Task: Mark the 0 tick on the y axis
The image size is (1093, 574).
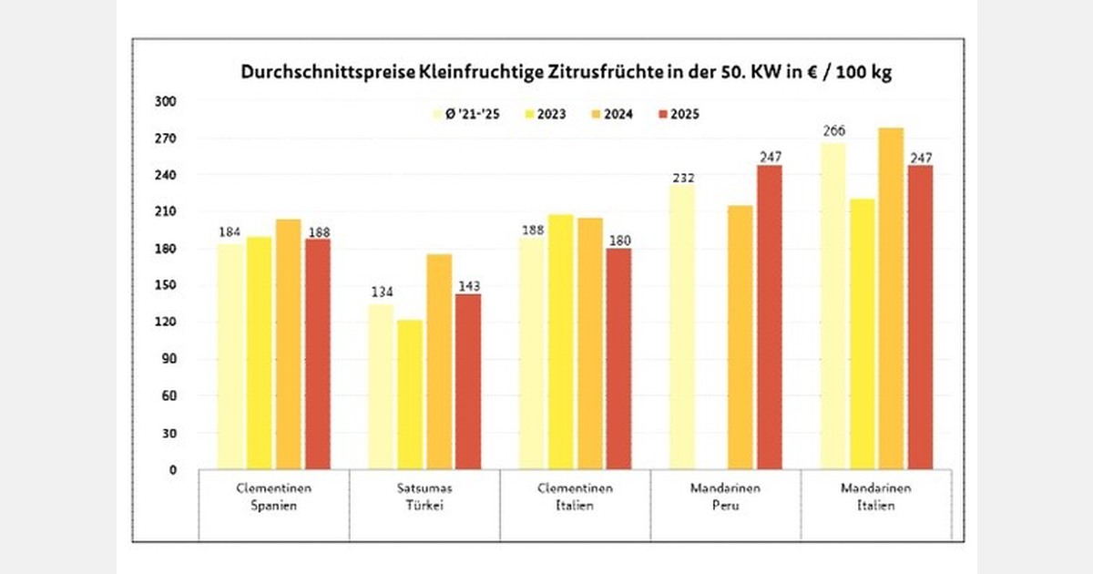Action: point(172,470)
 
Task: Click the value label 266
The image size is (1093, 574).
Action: point(833,130)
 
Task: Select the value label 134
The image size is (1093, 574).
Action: point(381,292)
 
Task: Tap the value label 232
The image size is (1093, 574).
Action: point(682,179)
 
